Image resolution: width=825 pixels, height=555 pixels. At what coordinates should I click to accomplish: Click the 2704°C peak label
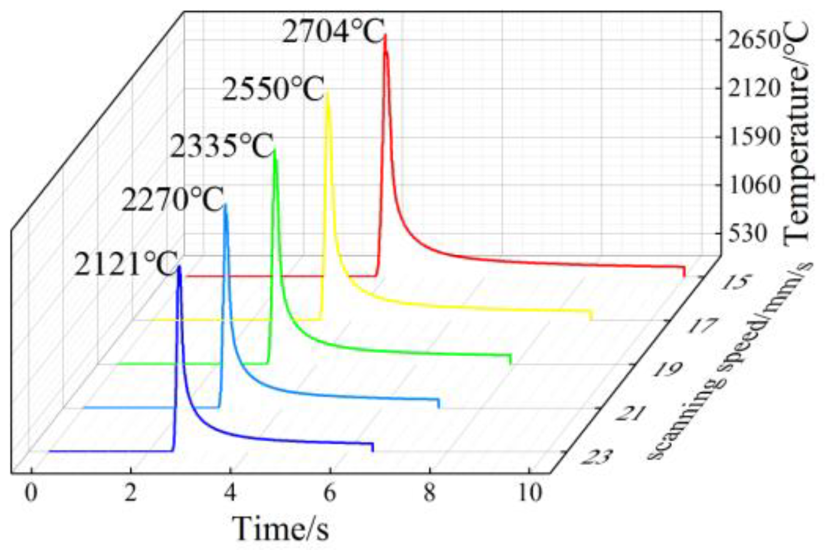click(332, 33)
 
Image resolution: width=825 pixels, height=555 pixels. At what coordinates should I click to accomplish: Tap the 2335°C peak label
click(221, 148)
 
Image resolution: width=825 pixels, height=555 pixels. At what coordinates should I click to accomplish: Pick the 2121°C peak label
click(124, 264)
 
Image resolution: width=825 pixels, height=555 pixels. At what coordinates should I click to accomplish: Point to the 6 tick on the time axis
click(330, 493)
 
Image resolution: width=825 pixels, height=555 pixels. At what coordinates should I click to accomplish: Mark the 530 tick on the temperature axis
click(748, 235)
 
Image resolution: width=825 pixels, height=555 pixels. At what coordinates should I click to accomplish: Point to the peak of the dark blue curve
click(179, 267)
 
